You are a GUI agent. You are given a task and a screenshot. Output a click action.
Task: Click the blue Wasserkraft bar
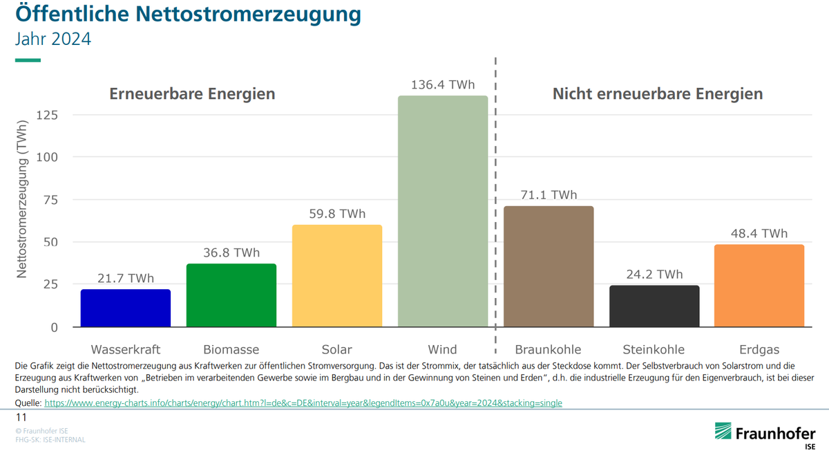pyautogui.click(x=126, y=308)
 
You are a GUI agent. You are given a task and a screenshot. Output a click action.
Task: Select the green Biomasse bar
pyautogui.click(x=231, y=295)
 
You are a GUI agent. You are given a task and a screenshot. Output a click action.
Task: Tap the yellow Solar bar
pyautogui.click(x=337, y=276)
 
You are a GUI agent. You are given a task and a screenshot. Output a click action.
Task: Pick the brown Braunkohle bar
pyautogui.click(x=549, y=266)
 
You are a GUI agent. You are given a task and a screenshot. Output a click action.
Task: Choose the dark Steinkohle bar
pyautogui.click(x=654, y=306)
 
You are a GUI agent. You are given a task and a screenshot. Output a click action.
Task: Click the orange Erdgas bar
pyautogui.click(x=759, y=286)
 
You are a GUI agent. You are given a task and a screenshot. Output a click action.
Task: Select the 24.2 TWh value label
pyautogui.click(x=654, y=275)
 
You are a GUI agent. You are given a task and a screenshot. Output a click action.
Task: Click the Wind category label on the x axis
pyautogui.click(x=443, y=349)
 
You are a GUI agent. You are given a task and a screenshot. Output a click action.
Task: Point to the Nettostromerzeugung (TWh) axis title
pyautogui.click(x=22, y=201)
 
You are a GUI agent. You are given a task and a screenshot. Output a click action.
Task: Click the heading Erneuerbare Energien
pyautogui.click(x=192, y=94)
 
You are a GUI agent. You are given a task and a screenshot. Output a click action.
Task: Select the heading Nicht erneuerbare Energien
pyautogui.click(x=657, y=94)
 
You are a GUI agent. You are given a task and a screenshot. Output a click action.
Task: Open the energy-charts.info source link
pyautogui.click(x=303, y=403)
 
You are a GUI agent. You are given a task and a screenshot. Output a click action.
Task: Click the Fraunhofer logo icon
pyautogui.click(x=723, y=432)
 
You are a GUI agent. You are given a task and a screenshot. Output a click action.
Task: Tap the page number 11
pyautogui.click(x=21, y=418)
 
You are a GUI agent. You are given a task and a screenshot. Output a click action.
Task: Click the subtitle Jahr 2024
pyautogui.click(x=53, y=39)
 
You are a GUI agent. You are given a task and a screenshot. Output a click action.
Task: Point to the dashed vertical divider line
pyautogui.click(x=495, y=207)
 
